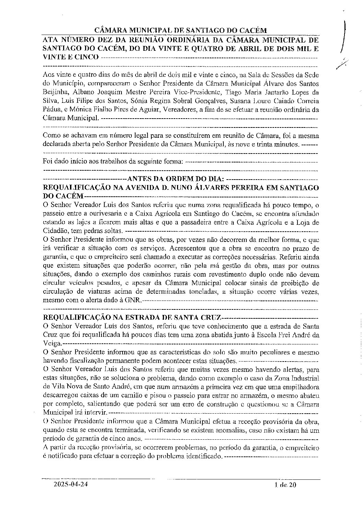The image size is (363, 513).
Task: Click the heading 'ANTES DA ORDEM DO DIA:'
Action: click(x=175, y=179)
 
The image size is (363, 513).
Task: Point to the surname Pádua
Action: click(x=52, y=110)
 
